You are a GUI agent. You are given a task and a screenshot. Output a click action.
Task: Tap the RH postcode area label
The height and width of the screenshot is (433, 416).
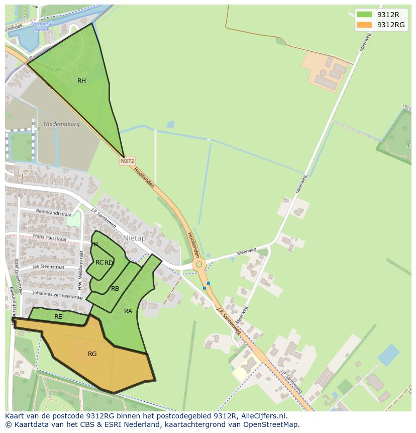81,81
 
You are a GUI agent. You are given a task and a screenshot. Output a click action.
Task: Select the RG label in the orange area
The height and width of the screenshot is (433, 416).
92,354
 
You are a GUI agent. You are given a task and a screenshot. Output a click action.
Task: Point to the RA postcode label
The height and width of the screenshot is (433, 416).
128,311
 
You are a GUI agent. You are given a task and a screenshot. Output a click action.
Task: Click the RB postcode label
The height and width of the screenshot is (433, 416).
115,289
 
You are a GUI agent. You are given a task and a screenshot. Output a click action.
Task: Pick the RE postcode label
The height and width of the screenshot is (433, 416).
58,317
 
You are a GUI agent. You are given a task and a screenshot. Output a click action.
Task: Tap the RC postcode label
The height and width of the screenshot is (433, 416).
99,263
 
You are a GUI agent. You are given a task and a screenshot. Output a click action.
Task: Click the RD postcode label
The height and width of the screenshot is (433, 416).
109,263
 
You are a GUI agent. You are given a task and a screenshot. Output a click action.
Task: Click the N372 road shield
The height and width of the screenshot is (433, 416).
127,161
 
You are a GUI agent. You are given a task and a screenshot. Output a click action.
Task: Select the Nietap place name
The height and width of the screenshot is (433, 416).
134,238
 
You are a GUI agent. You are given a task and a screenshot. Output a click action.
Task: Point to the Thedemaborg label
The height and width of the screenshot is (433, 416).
61,124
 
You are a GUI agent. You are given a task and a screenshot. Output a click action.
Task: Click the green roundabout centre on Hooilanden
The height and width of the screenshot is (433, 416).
199,264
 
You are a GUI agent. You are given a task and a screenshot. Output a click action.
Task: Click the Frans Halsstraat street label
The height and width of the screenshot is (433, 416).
49,237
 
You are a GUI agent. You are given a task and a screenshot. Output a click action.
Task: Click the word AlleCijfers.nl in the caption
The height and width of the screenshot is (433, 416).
263,416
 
